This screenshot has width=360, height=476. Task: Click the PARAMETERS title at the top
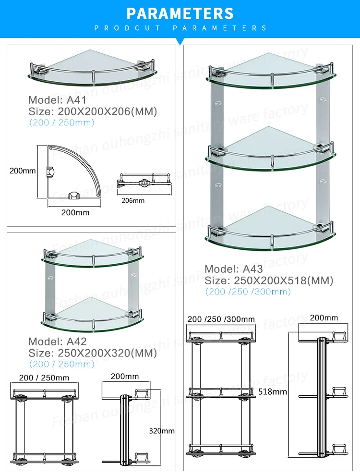[180, 13]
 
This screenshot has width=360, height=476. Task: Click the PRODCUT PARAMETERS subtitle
[180, 28]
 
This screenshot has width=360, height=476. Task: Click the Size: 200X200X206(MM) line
[93, 111]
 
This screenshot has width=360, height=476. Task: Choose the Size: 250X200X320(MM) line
[93, 353]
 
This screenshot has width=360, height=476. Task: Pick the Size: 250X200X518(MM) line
[269, 281]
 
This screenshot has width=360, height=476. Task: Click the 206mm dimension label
[133, 200]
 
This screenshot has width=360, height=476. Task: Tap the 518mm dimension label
[272, 392]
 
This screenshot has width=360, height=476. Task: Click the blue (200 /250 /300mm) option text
[248, 292]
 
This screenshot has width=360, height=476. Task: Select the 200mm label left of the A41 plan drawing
[22, 171]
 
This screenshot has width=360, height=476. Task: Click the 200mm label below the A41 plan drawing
[75, 212]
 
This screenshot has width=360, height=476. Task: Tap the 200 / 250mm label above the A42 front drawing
[44, 378]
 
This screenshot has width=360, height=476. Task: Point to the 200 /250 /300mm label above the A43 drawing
[221, 319]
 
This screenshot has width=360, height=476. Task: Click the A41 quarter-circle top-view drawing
[72, 173]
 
